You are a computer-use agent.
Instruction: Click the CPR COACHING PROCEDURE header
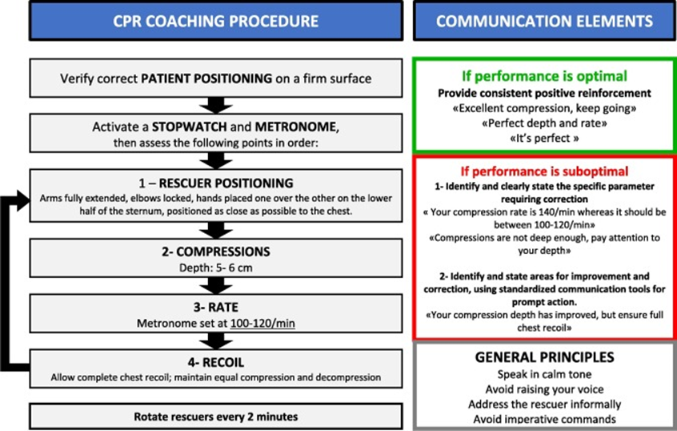(x=216, y=21)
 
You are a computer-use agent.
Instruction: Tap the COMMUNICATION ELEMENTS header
(x=544, y=21)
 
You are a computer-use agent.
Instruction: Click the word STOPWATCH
(x=189, y=127)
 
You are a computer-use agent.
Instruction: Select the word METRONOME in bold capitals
(x=295, y=127)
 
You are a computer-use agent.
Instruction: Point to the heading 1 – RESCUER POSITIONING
(x=216, y=183)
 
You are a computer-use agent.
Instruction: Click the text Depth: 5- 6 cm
(x=216, y=268)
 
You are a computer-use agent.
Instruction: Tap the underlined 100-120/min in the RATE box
(x=262, y=324)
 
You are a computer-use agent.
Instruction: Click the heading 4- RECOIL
(x=216, y=362)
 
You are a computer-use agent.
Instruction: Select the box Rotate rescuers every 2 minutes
(x=216, y=417)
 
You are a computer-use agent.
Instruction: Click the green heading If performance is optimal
(x=544, y=76)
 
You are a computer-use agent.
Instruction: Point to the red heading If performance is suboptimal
(x=544, y=171)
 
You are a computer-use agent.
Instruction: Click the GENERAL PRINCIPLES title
(x=544, y=357)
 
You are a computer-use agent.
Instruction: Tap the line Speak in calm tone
(x=544, y=374)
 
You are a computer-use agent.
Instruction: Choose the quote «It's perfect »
(x=544, y=139)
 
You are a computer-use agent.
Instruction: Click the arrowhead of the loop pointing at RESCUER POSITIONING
(x=23, y=200)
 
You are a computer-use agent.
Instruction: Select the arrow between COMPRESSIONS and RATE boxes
(x=216, y=286)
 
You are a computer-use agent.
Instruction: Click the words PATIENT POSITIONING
(x=206, y=79)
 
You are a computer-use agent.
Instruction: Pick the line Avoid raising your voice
(x=544, y=389)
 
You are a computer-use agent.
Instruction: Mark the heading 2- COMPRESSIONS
(x=216, y=252)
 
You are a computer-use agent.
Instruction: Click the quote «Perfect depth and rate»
(x=544, y=123)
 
